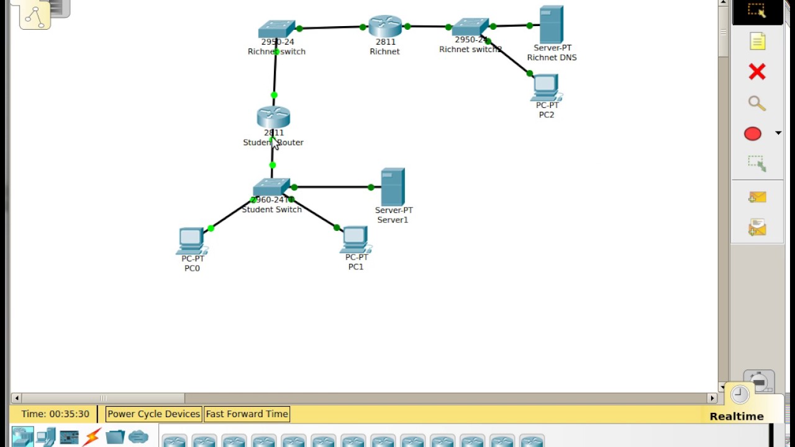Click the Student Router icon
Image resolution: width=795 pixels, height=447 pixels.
pyautogui.click(x=273, y=117)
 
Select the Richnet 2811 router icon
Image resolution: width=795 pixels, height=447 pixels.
pyautogui.click(x=385, y=26)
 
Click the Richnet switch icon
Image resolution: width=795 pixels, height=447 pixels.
pyautogui.click(x=276, y=29)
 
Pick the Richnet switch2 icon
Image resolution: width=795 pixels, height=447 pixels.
pyautogui.click(x=470, y=27)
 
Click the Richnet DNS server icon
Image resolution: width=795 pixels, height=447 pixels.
pyautogui.click(x=552, y=24)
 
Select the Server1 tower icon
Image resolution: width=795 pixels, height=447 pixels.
pyautogui.click(x=393, y=186)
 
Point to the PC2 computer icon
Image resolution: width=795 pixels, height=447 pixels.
pyautogui.click(x=546, y=88)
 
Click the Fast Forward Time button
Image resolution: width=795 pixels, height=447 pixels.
pyautogui.click(x=247, y=414)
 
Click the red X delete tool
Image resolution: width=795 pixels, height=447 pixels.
pyautogui.click(x=757, y=72)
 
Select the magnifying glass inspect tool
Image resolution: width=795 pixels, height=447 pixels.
pyautogui.click(x=756, y=103)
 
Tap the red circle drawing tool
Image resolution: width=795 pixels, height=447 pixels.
pyautogui.click(x=753, y=133)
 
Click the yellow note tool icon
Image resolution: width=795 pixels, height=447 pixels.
pyautogui.click(x=757, y=42)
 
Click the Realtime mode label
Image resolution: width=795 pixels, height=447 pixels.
pyautogui.click(x=737, y=417)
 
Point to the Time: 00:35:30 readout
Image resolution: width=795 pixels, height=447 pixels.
pyautogui.click(x=55, y=414)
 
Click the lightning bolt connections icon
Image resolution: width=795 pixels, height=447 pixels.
pyautogui.click(x=92, y=438)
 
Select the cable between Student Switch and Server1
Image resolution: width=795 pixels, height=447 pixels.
pyautogui.click(x=332, y=187)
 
